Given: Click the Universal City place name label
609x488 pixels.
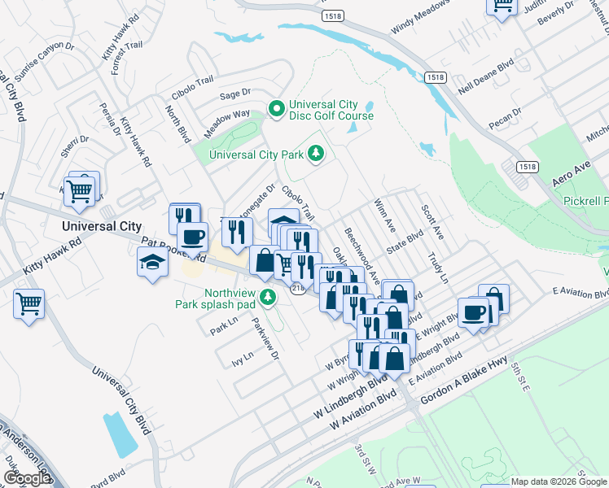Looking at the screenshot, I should [103, 226].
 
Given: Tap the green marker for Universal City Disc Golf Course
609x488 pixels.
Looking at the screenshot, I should [276, 107].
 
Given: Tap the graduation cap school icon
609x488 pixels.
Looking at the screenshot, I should [152, 262].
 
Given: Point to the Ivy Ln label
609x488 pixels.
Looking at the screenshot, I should [243, 355].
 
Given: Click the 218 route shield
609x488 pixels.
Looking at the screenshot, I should [299, 290].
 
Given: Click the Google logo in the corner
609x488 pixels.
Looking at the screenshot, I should [27, 478].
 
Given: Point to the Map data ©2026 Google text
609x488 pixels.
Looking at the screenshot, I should [558, 481].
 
